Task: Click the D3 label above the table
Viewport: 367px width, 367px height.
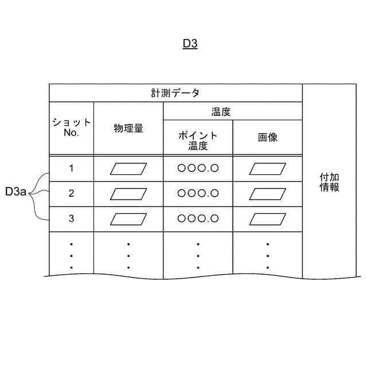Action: [190, 44]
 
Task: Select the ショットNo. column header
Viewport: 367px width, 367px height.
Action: [71, 127]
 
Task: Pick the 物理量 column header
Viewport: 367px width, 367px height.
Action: [128, 128]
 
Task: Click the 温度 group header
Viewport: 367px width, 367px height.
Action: [221, 111]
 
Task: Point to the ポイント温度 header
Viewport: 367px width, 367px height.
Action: [198, 140]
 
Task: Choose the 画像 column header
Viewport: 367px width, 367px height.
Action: [268, 138]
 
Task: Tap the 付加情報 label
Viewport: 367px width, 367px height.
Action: [329, 183]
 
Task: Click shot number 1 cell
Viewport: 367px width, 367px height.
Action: [71, 169]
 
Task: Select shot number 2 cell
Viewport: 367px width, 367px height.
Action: [71, 193]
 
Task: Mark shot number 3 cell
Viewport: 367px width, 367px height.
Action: [71, 218]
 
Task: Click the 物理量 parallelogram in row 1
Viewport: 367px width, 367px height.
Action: [128, 169]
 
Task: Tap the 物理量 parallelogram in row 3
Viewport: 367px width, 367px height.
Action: [128, 218]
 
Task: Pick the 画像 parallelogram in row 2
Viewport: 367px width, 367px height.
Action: [268, 193]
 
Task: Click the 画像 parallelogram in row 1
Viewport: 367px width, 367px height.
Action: [268, 169]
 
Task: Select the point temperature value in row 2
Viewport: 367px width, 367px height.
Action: [198, 193]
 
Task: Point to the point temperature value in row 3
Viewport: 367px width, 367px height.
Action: [198, 218]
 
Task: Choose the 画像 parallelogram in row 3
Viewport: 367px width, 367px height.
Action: [268, 218]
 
